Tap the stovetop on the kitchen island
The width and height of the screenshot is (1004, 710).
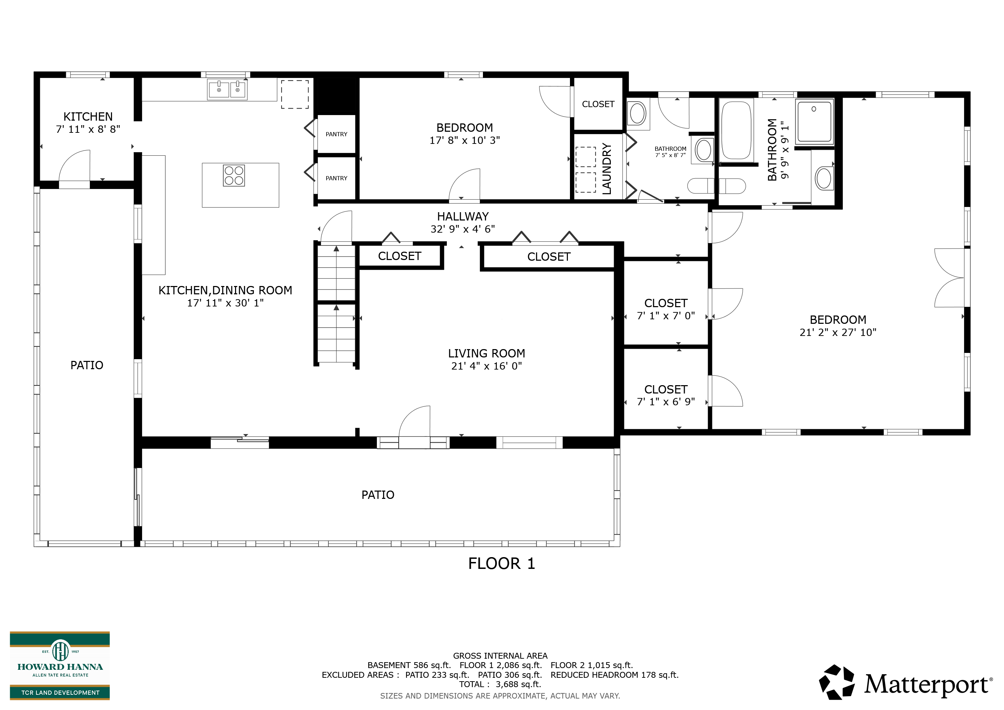click(234, 175)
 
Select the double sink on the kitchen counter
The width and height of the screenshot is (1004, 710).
click(227, 90)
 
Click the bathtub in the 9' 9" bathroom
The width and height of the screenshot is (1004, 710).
click(736, 131)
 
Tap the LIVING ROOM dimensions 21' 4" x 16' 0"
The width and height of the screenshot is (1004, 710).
click(487, 366)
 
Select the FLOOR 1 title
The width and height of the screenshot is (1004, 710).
click(502, 564)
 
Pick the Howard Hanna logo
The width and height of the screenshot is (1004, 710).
click(60, 665)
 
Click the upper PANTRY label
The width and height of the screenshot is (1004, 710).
click(336, 134)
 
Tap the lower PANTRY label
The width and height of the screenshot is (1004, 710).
click(336, 179)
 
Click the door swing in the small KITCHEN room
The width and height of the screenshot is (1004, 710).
click(74, 166)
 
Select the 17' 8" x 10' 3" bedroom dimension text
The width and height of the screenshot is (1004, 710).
click(465, 140)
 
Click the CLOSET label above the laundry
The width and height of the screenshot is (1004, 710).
click(598, 104)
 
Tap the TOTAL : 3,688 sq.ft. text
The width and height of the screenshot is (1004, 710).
click(500, 684)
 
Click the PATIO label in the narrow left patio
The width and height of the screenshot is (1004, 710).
click(87, 365)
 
